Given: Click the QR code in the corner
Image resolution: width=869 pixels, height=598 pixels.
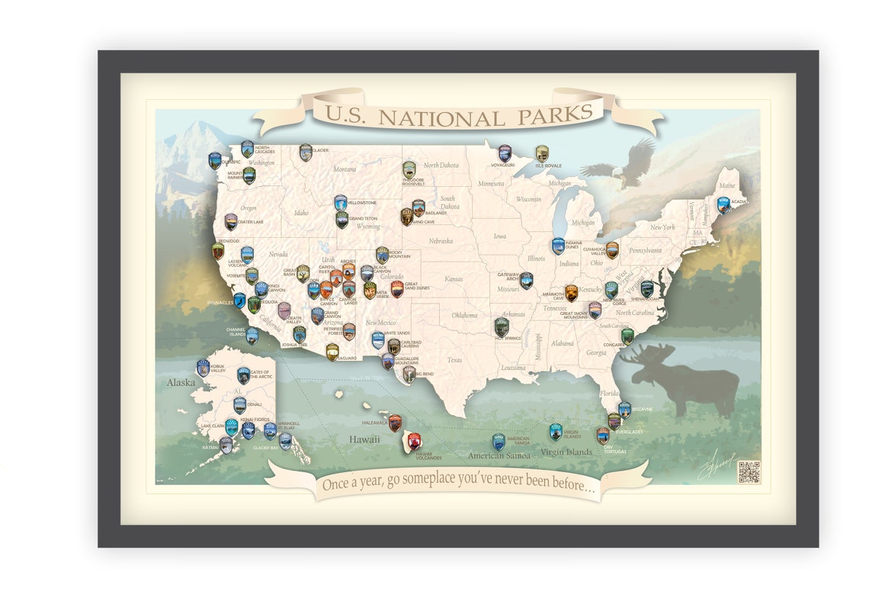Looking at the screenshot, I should pos(748,472).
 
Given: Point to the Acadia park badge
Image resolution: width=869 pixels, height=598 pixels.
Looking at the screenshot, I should pos(723,204).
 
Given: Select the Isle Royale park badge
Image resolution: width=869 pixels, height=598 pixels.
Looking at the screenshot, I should pos(541,153).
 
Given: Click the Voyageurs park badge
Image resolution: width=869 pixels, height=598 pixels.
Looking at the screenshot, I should pos(505,153).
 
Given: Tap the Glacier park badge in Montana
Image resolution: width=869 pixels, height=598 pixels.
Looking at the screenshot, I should pos(306,153).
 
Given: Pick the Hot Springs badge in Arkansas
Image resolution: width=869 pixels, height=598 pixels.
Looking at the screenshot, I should pos(501,326).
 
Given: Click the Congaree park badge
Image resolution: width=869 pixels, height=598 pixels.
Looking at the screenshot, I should pos(627,336).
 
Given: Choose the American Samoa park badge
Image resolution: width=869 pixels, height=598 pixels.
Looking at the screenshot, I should pos(498,442).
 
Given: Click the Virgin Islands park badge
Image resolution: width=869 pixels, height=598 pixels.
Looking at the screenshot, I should pos(556,432).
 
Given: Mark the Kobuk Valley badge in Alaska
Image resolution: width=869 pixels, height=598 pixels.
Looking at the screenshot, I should pos(203,368).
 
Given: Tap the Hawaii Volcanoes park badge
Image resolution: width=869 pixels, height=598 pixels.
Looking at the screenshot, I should pos(414,441).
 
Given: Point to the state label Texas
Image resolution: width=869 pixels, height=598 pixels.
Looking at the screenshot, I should pos(454,360).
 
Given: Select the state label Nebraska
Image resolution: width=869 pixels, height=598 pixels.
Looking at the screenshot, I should pos(441,241).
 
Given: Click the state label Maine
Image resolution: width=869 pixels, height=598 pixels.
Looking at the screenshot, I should pos(727,185).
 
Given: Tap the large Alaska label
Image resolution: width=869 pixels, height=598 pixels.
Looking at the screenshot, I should pos(181,383).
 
